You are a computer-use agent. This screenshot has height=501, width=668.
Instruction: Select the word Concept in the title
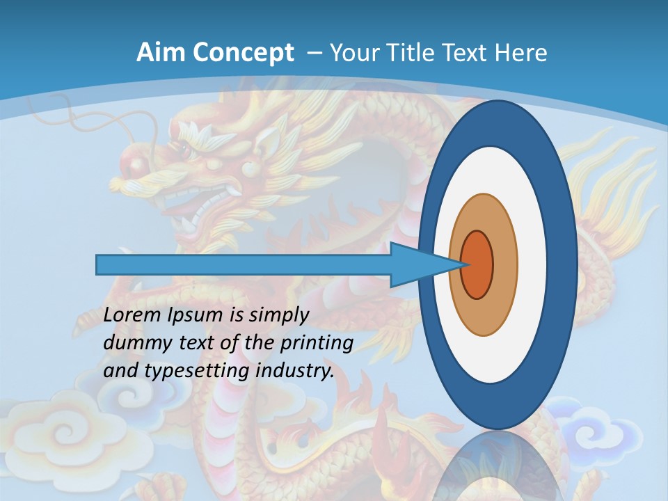click(240, 53)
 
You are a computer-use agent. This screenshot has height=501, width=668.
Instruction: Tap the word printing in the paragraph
click(316, 343)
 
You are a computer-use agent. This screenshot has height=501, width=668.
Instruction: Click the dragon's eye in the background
click(185, 150)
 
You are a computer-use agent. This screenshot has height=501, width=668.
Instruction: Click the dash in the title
click(314, 53)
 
